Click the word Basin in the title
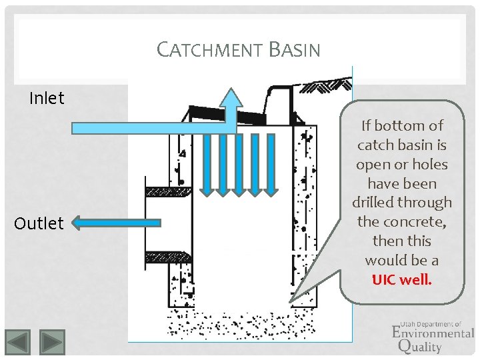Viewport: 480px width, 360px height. click(x=294, y=50)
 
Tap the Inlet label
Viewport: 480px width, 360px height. click(x=47, y=99)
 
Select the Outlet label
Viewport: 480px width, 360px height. click(x=39, y=223)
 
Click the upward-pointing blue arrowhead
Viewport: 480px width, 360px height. click(x=232, y=99)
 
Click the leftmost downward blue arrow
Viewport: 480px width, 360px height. click(x=207, y=163)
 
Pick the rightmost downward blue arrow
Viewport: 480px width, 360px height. click(x=271, y=163)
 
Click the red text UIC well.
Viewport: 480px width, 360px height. click(x=401, y=279)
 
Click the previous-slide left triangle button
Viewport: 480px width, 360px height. click(x=19, y=342)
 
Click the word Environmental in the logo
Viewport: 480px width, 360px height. click(x=433, y=332)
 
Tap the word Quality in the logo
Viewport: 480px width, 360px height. click(x=419, y=346)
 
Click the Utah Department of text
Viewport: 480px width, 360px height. click(x=430, y=323)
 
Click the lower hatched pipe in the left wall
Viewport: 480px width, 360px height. click(x=168, y=256)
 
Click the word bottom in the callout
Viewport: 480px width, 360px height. click(x=401, y=125)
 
